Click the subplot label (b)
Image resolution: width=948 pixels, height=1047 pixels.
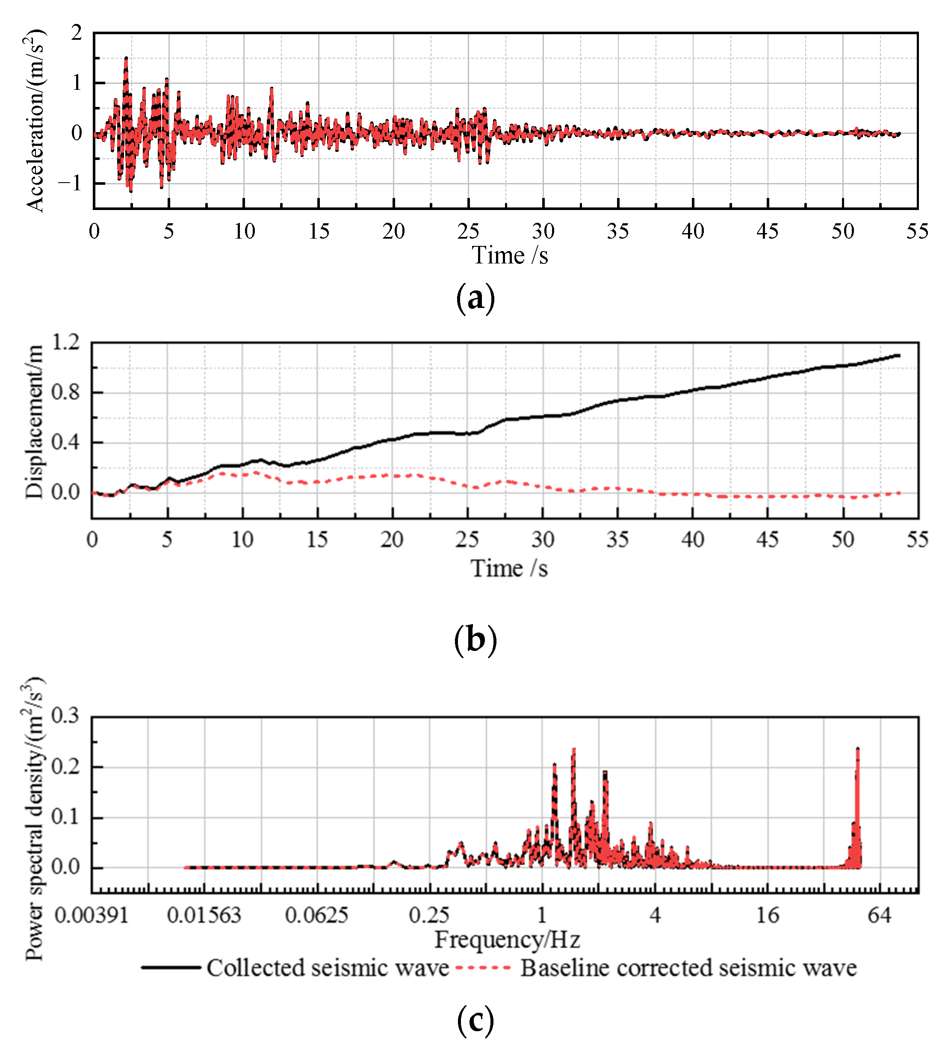tap(475, 640)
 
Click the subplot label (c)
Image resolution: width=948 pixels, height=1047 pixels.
tap(475, 1020)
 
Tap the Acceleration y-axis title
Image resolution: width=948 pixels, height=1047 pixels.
tap(35, 121)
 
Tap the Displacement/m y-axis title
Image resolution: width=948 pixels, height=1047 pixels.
tap(34, 422)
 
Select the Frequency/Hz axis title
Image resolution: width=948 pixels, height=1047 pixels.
tap(507, 940)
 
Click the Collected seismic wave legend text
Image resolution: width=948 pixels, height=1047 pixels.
tap(328, 968)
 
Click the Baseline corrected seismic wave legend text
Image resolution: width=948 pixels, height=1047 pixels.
tap(688, 968)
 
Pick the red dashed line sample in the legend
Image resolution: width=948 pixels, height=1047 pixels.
tap(483, 967)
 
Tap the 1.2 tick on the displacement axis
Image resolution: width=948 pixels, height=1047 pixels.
tap(66, 342)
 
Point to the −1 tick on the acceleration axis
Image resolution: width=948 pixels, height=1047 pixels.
tap(71, 183)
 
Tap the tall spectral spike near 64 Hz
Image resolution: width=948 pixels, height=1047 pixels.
tap(858, 749)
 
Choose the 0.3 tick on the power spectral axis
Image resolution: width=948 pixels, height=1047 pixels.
tap(66, 716)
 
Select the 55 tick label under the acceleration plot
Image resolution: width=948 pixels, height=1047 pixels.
tap(917, 231)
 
